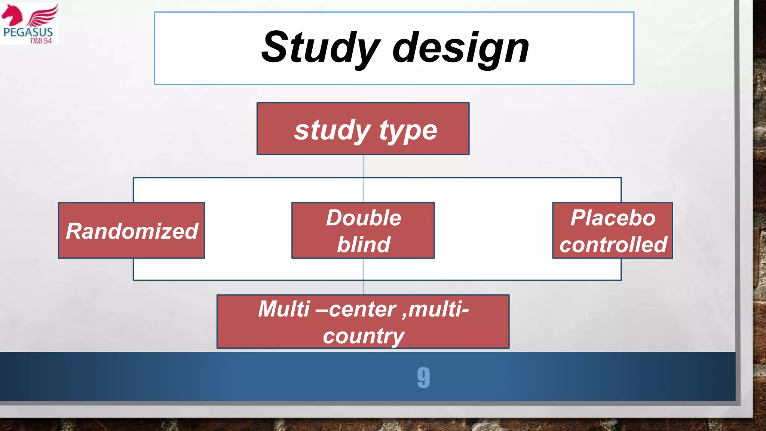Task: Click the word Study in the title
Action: (x=320, y=48)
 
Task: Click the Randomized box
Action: (x=131, y=230)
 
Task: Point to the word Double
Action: (x=363, y=218)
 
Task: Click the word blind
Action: (x=363, y=244)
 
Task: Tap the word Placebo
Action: (x=613, y=218)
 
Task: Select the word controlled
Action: (x=613, y=245)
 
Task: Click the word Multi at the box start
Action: (x=284, y=309)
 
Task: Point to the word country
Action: (x=363, y=336)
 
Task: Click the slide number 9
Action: (x=423, y=377)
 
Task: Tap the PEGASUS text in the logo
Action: (x=28, y=32)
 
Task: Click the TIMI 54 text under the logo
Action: (x=41, y=41)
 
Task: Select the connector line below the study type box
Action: (x=363, y=166)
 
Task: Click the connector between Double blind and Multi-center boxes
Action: (x=363, y=276)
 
